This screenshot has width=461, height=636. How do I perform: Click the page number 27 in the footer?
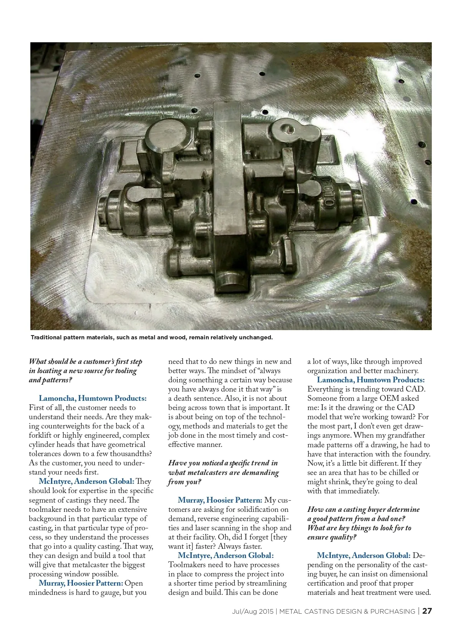tap(427, 611)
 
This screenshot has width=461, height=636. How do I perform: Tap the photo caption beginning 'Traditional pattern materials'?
tap(151, 337)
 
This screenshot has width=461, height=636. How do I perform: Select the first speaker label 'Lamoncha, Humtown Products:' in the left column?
tap(93, 398)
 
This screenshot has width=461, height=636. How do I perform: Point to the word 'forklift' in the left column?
tap(44, 435)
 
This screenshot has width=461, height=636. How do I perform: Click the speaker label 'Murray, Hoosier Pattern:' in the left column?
tap(81, 583)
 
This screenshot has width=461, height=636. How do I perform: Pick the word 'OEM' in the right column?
tap(389, 398)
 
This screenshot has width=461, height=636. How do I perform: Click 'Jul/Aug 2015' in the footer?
tap(252, 611)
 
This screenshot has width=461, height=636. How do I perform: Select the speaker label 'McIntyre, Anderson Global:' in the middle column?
tap(226, 555)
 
